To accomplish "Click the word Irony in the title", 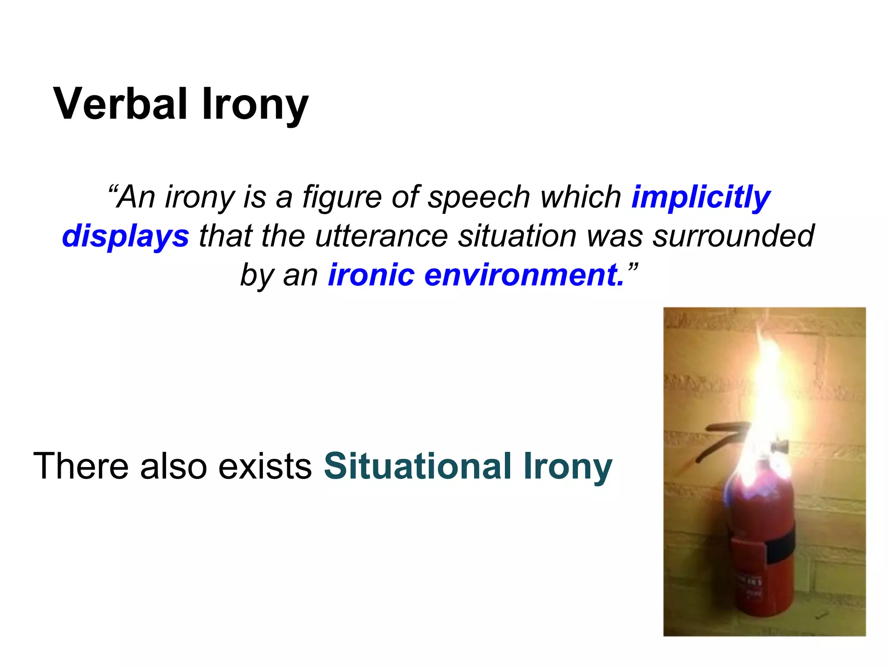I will coord(255,104).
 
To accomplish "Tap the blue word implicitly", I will coord(701,197).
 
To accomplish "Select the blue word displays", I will coord(126,237).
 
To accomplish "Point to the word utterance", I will coord(381,236).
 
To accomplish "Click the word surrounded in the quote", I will coord(733,236).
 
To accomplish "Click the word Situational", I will coord(418,467).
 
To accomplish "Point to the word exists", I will coord(265,467).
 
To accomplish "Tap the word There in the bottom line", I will coord(81,467).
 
